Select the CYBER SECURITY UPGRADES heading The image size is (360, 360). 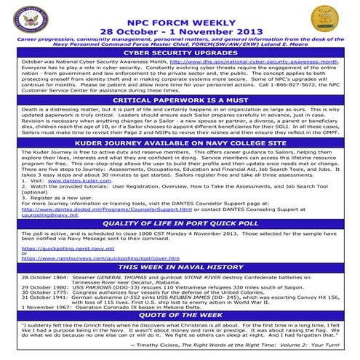coord(180,53)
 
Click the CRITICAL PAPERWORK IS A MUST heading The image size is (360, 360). coord(180,99)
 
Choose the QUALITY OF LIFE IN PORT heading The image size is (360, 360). coord(180,223)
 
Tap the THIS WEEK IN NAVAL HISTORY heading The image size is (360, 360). coord(180,268)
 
